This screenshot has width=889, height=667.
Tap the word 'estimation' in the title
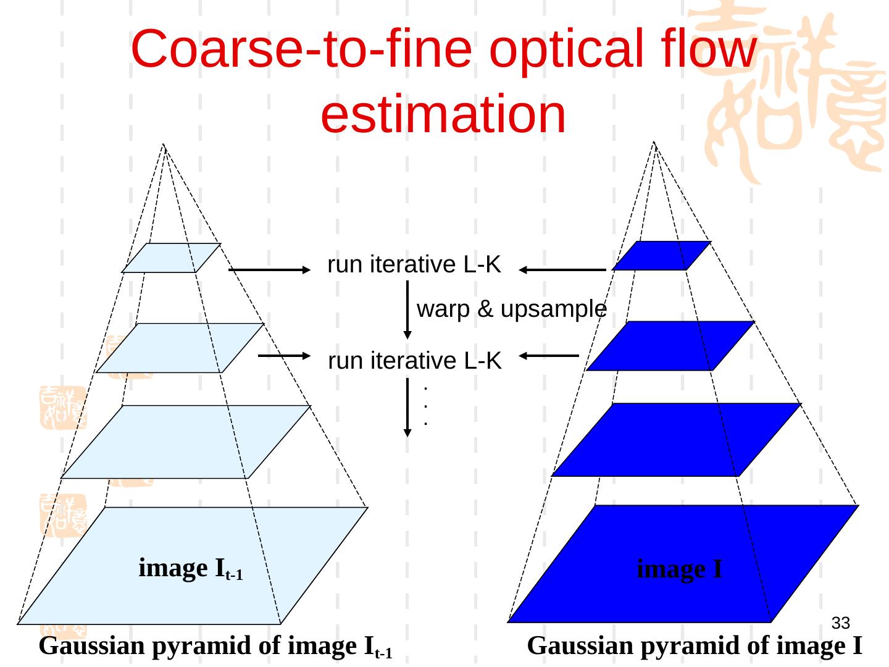tap(443, 114)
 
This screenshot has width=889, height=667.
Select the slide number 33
tap(840, 623)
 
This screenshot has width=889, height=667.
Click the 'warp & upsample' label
tap(512, 309)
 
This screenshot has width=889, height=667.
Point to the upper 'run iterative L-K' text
tap(414, 265)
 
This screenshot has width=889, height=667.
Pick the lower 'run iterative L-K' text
tap(414, 361)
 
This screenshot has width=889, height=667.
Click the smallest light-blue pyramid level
tap(171, 258)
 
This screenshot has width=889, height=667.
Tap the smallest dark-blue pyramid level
tap(661, 256)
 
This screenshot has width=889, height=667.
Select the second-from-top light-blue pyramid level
tap(180, 348)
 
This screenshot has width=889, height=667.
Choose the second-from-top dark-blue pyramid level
tap(670, 346)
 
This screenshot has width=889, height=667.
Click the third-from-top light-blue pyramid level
tap(185, 442)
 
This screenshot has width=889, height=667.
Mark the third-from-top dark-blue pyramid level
tap(676, 440)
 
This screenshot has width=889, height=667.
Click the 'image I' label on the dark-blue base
tap(679, 569)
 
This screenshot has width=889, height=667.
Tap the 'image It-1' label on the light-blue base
tap(190, 569)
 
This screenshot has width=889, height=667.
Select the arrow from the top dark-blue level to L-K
tap(562, 270)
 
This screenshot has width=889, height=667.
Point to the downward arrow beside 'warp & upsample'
tap(407, 309)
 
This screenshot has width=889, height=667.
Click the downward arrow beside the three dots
tap(407, 407)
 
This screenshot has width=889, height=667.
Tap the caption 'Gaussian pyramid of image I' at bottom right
tap(695, 647)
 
